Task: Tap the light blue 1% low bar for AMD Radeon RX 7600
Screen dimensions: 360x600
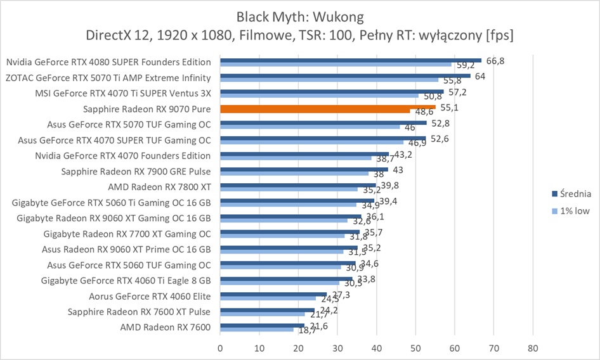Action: coord(257,330)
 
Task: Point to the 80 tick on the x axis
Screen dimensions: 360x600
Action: coord(533,348)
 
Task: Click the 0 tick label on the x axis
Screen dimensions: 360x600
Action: coord(220,348)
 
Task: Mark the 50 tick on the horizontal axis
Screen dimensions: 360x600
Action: coord(415,348)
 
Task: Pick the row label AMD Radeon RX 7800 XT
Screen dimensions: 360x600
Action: coord(160,186)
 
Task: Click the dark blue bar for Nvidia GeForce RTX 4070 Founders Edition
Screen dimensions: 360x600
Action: coord(304,153)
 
